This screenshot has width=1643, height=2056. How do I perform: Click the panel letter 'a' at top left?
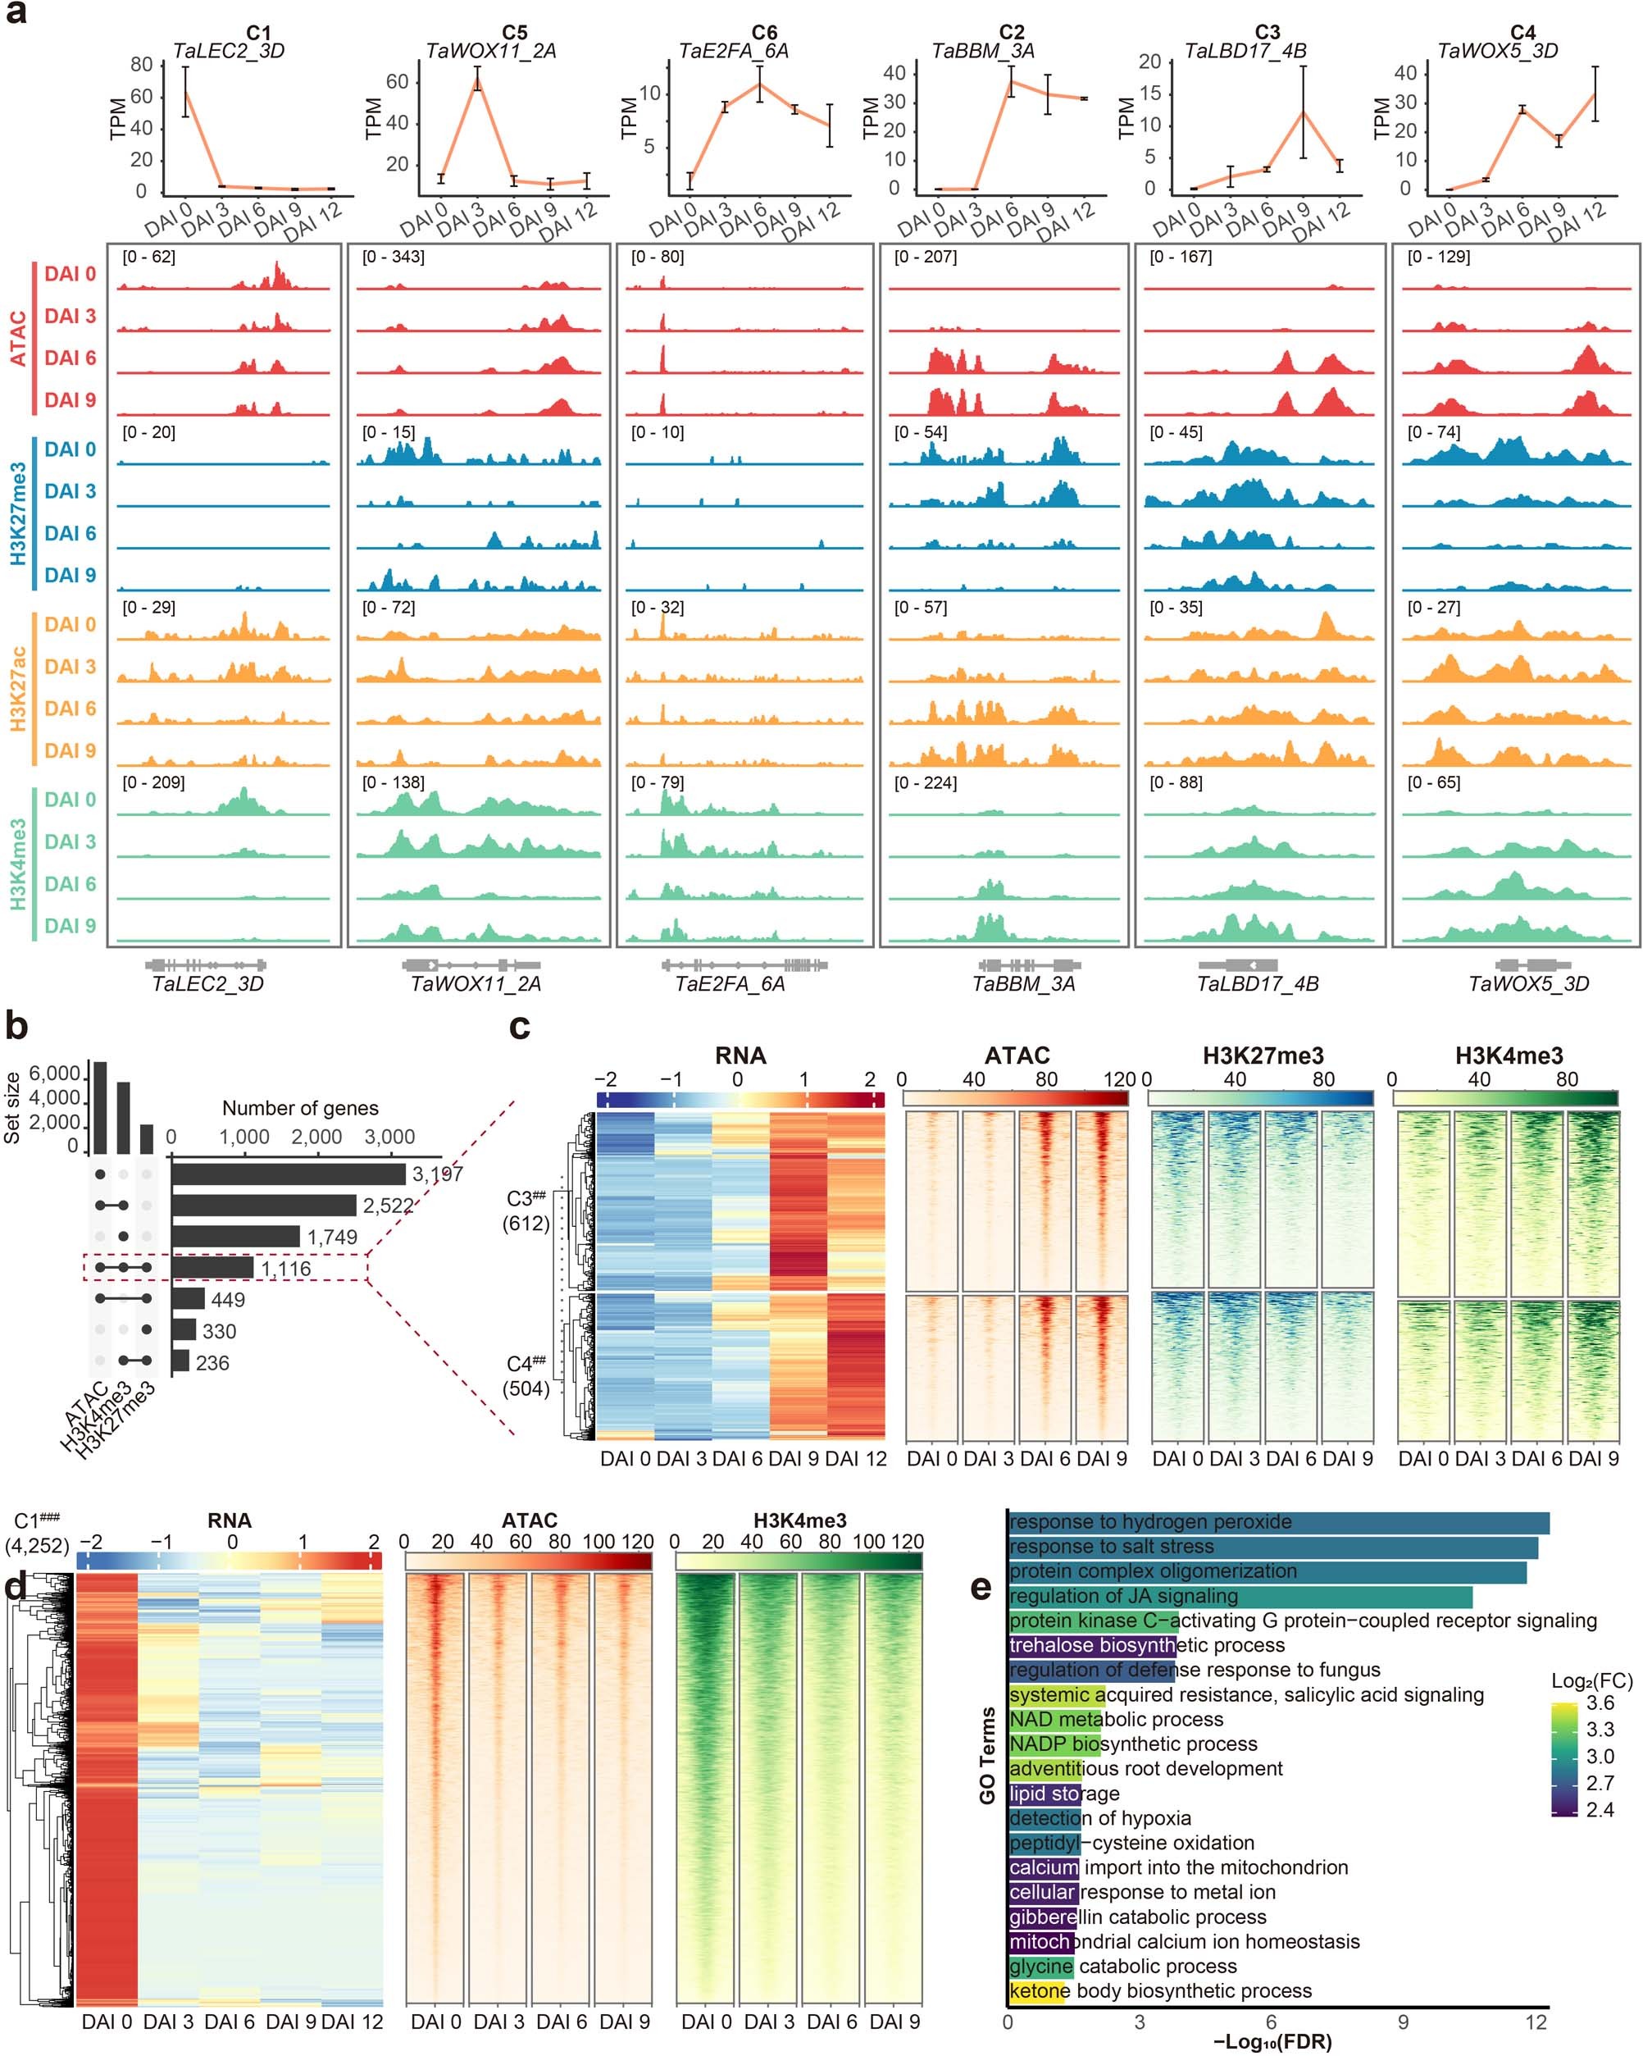tap(16, 16)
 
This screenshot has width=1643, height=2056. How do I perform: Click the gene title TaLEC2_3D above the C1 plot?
tap(228, 51)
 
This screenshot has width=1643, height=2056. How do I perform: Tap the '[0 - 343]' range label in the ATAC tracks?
tap(393, 258)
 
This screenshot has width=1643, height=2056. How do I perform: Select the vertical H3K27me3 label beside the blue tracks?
tap(18, 513)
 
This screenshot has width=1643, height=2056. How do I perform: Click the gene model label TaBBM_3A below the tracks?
tap(1023, 984)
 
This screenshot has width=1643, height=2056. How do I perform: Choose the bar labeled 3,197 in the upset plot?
tap(289, 1174)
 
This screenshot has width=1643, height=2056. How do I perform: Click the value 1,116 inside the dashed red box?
tap(285, 1269)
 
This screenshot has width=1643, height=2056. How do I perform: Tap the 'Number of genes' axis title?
tap(300, 1108)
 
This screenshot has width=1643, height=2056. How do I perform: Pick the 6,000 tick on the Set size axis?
tap(54, 1074)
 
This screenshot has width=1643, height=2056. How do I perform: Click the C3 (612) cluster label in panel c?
tap(526, 1211)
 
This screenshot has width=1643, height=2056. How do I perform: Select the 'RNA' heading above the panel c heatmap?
tap(740, 1055)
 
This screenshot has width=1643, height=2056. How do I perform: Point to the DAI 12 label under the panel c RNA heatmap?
tap(855, 1459)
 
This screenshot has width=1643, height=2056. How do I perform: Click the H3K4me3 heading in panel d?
tap(799, 1521)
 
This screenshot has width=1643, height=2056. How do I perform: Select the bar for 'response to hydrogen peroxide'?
tap(1278, 1522)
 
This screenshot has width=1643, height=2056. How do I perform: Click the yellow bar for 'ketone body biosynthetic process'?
tap(1036, 1991)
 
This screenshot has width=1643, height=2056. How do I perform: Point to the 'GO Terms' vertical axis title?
tap(987, 1756)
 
